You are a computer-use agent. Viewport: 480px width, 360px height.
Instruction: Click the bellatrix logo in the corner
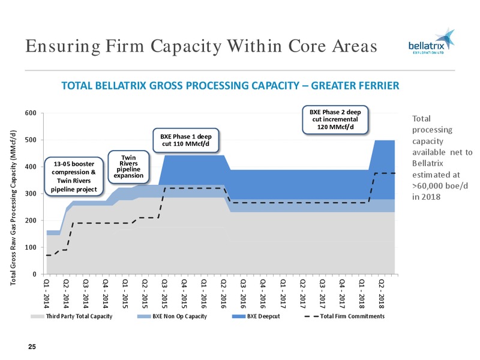pos(431,41)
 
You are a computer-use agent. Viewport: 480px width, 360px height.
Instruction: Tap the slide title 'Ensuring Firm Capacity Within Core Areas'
pos(201,46)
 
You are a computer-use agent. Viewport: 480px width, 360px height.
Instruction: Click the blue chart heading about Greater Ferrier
pos(230,86)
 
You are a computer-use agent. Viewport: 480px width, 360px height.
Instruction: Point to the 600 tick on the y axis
pos(31,113)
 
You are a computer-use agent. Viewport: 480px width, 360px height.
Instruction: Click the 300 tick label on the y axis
pos(31,193)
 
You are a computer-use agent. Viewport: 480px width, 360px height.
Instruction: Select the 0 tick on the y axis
pos(35,274)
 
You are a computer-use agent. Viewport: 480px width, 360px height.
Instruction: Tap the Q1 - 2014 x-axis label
pos(47,293)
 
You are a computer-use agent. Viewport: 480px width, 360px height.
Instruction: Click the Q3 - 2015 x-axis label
pos(164,293)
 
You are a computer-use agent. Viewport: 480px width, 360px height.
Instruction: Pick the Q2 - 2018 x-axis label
pos(382,293)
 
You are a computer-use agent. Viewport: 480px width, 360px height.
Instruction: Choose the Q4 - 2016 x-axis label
pos(263,293)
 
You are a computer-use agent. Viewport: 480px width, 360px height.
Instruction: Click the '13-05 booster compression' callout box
pos(74,176)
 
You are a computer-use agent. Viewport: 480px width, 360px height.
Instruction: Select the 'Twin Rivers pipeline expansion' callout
pos(128,167)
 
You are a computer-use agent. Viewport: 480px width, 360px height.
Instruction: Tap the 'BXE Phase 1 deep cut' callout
pos(186,140)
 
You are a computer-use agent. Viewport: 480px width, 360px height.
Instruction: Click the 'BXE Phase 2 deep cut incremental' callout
pos(335,119)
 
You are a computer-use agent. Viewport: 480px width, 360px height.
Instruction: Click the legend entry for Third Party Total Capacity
pos(71,316)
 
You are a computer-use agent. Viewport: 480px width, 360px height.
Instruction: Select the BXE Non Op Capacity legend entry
pos(172,316)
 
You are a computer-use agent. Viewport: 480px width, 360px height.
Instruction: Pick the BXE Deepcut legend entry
pos(256,316)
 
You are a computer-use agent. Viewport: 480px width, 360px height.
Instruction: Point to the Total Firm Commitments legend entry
pos(344,316)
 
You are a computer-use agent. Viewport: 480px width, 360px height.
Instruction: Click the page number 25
pos(32,347)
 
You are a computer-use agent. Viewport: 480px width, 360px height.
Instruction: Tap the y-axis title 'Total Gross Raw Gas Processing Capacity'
pos(13,208)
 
